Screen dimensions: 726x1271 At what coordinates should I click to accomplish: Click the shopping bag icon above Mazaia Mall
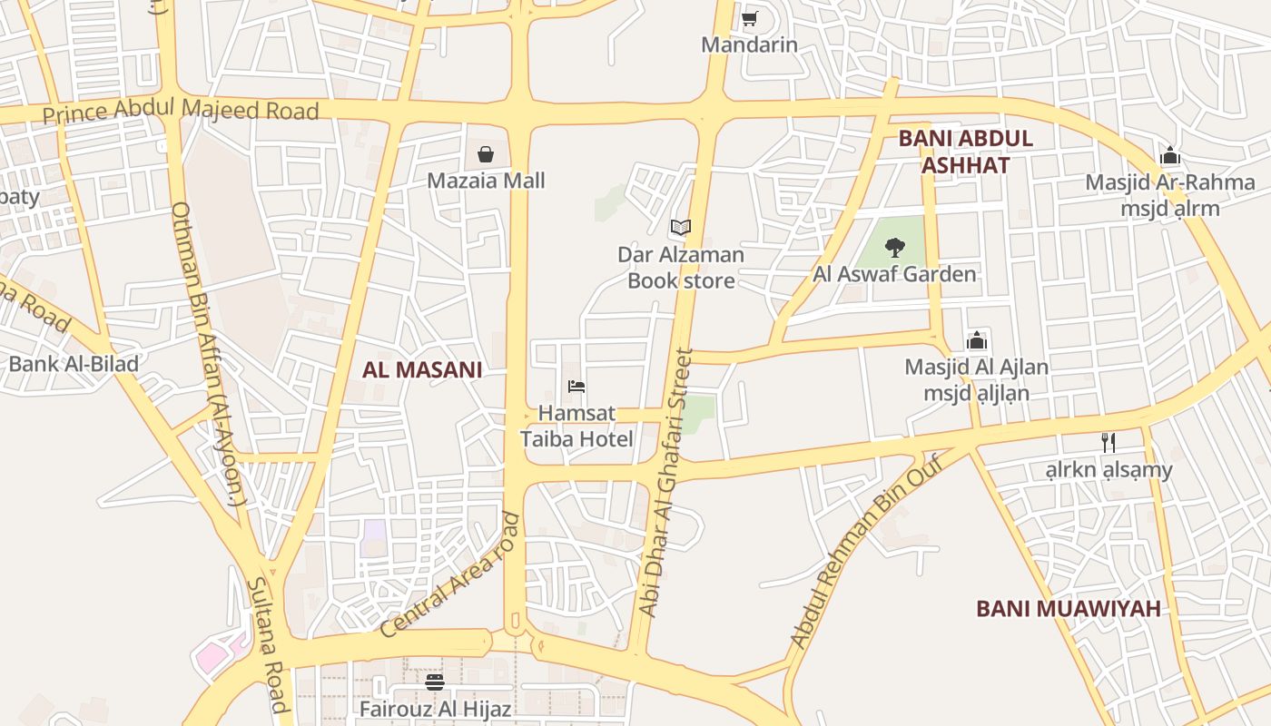486,154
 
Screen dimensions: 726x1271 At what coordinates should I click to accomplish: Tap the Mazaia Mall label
486,181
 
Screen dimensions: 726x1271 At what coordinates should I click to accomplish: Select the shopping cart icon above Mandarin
749,18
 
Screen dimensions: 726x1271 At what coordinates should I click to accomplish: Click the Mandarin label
749,44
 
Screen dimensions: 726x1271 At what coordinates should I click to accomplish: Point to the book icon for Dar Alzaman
681,228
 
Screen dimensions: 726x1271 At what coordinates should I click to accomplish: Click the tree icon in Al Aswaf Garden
895,247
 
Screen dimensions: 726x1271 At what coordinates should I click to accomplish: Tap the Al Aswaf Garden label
894,274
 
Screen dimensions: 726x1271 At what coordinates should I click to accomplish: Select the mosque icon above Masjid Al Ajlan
977,340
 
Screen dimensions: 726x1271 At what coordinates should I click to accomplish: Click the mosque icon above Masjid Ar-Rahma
1170,155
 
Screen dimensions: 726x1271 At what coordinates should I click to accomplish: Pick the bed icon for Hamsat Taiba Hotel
576,387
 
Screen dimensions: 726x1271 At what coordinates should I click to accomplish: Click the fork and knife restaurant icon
1108,443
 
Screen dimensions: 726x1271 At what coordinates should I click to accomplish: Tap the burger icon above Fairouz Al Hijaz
435,682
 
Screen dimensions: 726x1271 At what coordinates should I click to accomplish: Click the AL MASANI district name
422,369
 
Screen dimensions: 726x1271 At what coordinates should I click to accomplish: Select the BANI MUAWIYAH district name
1069,608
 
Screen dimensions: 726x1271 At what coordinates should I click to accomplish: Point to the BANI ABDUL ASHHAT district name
965,152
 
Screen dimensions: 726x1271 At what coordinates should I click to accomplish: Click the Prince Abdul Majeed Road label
181,112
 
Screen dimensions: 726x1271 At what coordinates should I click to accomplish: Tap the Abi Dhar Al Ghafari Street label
666,484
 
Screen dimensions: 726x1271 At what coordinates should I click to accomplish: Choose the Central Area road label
451,575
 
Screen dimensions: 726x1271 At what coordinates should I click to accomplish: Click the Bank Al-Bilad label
74,365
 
